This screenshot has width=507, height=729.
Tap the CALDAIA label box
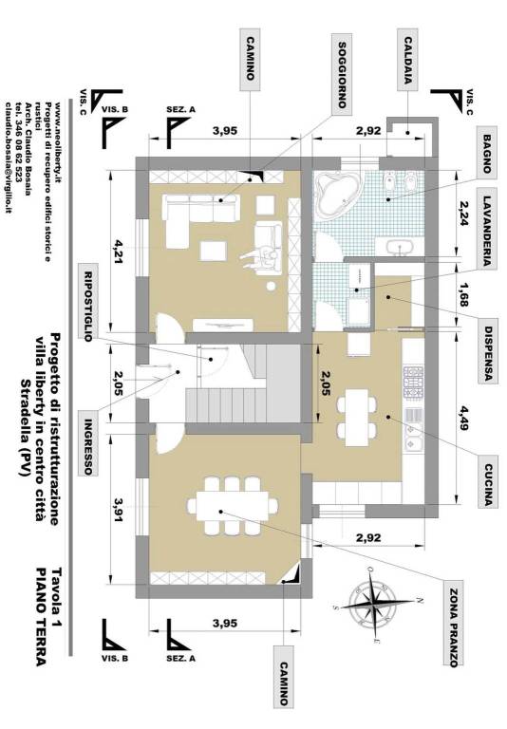[x=408, y=59]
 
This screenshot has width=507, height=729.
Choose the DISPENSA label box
[x=488, y=351]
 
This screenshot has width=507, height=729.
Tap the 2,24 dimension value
[x=462, y=214]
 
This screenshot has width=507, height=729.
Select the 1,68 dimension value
[x=462, y=295]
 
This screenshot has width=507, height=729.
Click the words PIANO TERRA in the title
[x=41, y=616]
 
